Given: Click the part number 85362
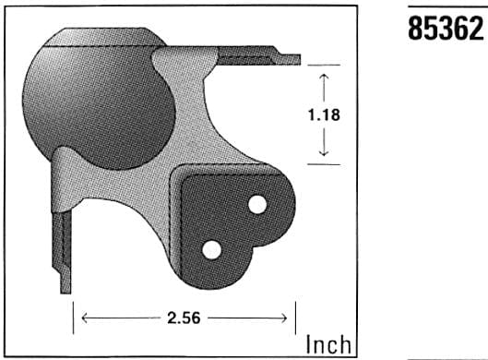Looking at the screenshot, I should [x=446, y=29].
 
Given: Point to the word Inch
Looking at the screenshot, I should [x=328, y=344].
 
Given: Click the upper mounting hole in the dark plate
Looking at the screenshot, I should [x=257, y=202].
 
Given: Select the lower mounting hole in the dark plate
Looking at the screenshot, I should [x=211, y=247].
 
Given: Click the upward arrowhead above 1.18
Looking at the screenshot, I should [x=325, y=78].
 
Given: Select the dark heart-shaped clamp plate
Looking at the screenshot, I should [x=231, y=222].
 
